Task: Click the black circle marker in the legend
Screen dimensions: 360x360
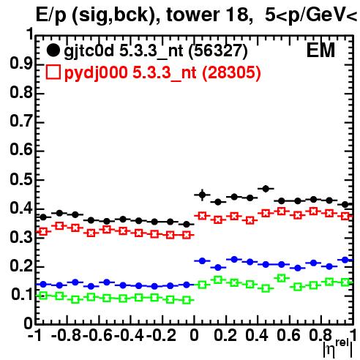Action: [53, 50]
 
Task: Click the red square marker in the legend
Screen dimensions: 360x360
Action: [53, 72]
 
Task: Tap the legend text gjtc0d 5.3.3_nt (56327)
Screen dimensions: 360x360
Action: [156, 51]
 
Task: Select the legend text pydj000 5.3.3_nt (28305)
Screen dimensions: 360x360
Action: [162, 72]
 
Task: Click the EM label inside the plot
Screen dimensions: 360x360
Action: [320, 50]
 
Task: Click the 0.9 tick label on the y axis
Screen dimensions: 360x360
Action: [21, 64]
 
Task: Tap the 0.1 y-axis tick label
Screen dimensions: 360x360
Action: [22, 295]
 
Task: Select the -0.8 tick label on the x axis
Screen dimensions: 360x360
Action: [66, 335]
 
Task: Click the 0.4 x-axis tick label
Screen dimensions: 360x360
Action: [257, 335]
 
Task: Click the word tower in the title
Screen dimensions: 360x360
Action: [192, 15]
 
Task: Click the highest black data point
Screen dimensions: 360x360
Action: [266, 189]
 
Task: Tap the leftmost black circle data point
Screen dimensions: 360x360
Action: [43, 217]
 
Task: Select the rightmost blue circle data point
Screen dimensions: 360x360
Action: [345, 260]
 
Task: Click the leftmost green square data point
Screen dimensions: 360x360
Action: [43, 296]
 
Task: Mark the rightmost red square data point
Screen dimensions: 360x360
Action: [345, 216]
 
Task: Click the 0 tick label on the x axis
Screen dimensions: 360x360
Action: [194, 335]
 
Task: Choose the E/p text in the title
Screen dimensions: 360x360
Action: [51, 15]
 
